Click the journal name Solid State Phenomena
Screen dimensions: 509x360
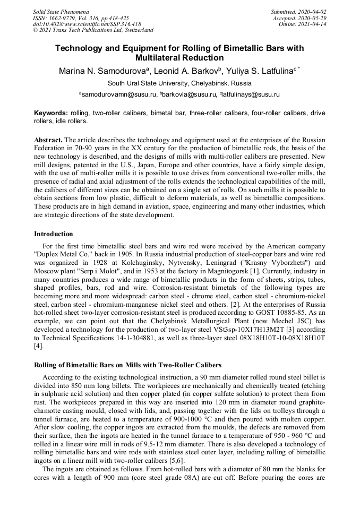(x=61, y=12)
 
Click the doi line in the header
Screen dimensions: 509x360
(x=87, y=24)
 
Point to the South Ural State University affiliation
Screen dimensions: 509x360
(x=179, y=83)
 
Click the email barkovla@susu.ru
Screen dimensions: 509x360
(x=184, y=94)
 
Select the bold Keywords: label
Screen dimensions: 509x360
(x=51, y=113)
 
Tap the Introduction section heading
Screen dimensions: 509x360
(x=54, y=234)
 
